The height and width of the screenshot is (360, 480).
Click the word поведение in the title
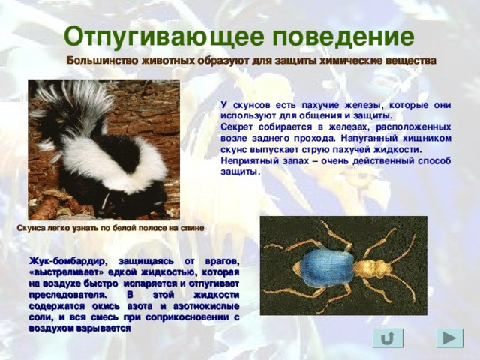pyautogui.click(x=343, y=37)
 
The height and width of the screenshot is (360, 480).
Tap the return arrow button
pyautogui.click(x=388, y=338)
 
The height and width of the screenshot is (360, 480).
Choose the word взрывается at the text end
pyautogui.click(x=103, y=328)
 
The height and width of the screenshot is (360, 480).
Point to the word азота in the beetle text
pyautogui.click(x=141, y=307)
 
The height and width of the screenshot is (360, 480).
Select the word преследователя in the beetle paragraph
pyautogui.click(x=68, y=295)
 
